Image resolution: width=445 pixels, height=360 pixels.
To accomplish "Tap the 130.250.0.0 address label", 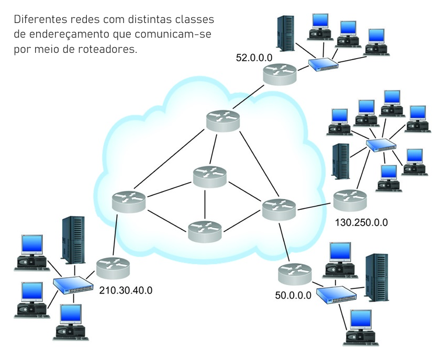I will pos(361,222).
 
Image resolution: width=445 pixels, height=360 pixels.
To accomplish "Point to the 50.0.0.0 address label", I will pos(293,295).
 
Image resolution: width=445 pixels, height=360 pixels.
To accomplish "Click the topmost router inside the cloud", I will pos(222,121).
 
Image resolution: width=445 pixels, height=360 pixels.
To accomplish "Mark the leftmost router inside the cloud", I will pos(128,201).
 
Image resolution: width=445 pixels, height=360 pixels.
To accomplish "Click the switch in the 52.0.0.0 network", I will pos(323,64).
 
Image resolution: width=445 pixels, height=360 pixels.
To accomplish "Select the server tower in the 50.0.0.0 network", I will pos(376,277).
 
